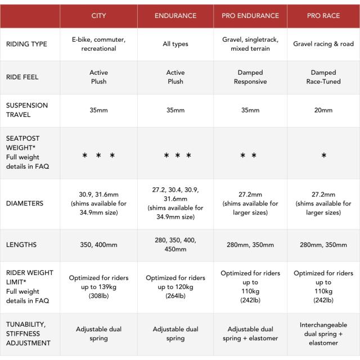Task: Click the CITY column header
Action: click(98, 16)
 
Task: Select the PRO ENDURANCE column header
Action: click(250, 16)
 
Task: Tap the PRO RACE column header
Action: click(323, 16)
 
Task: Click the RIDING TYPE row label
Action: click(26, 44)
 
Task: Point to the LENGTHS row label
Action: click(21, 245)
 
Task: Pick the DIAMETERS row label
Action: click(25, 204)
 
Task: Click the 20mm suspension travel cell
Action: click(323, 110)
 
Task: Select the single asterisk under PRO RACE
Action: click(323, 156)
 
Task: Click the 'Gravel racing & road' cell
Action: click(323, 44)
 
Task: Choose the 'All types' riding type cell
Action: click(175, 44)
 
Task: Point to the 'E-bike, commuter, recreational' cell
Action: click(98, 44)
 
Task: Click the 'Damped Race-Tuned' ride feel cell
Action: click(323, 77)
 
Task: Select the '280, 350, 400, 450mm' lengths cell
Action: click(175, 245)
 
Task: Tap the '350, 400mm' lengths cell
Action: click(98, 245)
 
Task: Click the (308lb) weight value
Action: click(98, 296)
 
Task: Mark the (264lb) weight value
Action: click(175, 296)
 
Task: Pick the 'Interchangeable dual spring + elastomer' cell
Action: click(323, 334)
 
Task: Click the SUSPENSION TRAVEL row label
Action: click(27, 110)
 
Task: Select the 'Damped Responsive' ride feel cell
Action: click(250, 77)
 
